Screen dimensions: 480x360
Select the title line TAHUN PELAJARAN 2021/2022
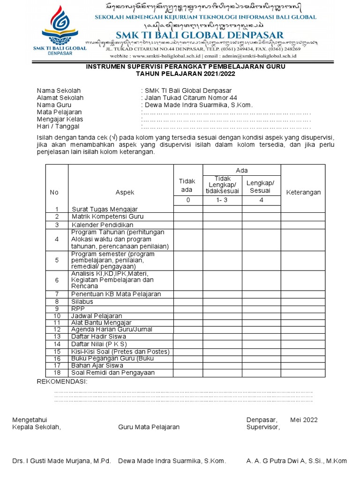185,74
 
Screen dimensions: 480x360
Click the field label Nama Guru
54,105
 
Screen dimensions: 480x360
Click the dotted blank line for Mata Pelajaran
225,112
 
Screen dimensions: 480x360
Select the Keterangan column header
303,193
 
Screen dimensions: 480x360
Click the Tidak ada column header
187,185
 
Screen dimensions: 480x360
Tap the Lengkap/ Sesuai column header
261,187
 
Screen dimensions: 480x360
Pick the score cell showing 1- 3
222,201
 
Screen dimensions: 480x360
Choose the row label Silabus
82,301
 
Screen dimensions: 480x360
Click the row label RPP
78,309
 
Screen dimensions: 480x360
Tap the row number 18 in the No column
57,373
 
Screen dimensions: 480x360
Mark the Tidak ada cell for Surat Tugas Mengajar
187,209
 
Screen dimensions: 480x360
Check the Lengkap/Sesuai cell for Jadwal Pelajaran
261,316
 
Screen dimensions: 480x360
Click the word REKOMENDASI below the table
62,382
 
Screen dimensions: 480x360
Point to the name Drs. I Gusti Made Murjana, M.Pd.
61,461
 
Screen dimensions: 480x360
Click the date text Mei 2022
304,420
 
